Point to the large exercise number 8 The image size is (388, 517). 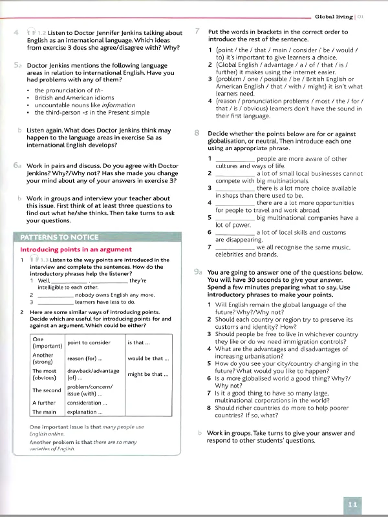coord(197,132)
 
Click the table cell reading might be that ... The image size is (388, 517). coord(148,374)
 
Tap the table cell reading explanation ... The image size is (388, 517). coord(85,412)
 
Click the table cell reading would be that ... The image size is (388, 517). coord(148,358)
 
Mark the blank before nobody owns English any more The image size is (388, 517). coord(55,295)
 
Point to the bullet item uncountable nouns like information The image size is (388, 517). coord(76,105)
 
